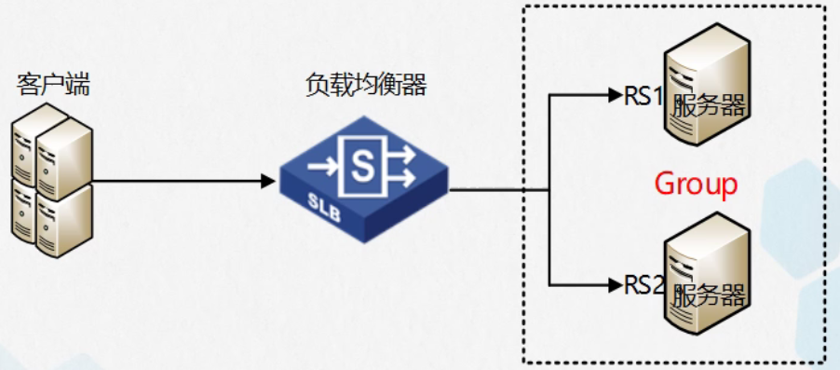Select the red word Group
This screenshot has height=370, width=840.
pyautogui.click(x=696, y=185)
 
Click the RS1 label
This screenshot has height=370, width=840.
pyautogui.click(x=644, y=97)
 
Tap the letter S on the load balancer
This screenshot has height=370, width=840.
pyautogui.click(x=359, y=167)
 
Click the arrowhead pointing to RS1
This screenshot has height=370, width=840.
pyautogui.click(x=616, y=94)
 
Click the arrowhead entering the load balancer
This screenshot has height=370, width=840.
pyautogui.click(x=269, y=182)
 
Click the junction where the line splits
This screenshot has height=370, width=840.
pyautogui.click(x=549, y=188)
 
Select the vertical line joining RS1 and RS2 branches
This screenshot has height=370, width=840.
pyautogui.click(x=549, y=140)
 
